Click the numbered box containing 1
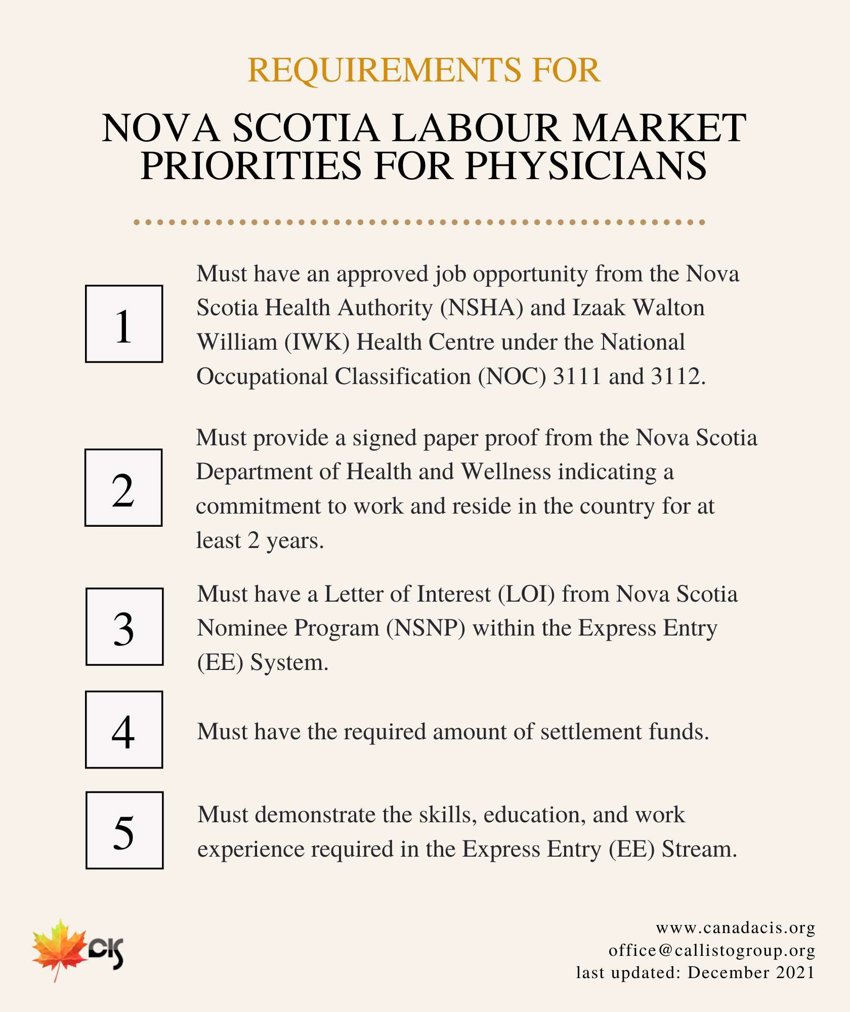[x=124, y=324]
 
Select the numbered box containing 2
[x=123, y=488]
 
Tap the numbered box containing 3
[x=124, y=626]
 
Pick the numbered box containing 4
[x=124, y=730]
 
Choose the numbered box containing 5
[x=124, y=830]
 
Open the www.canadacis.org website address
[x=735, y=928]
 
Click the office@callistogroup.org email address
[x=711, y=950]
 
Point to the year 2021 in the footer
[x=795, y=973]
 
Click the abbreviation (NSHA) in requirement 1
[x=482, y=308]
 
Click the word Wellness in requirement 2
[x=505, y=472]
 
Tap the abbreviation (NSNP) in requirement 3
[x=426, y=628]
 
